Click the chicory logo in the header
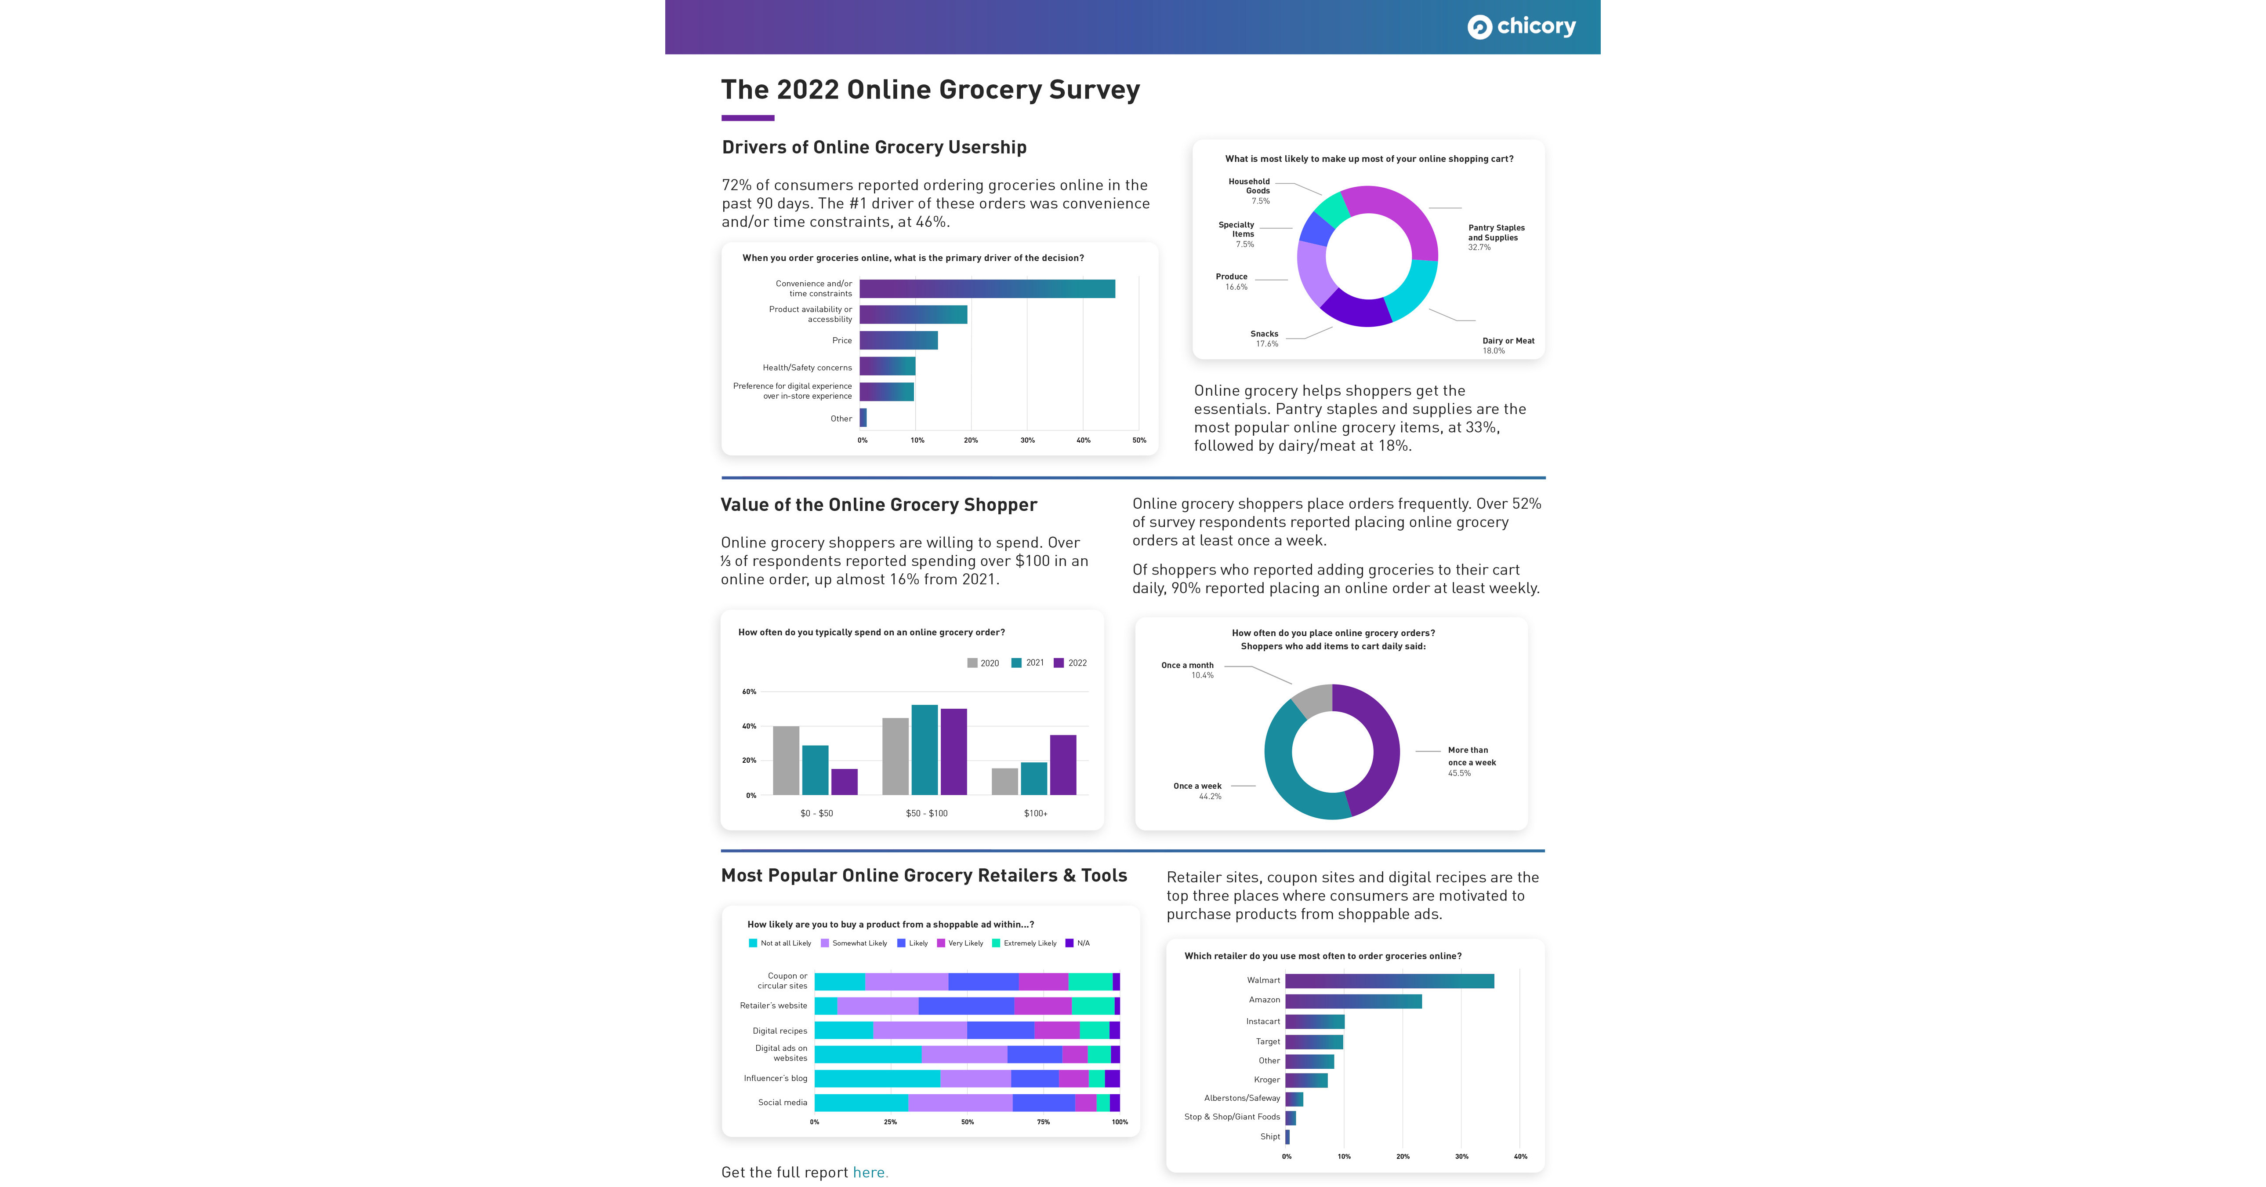point(1521,26)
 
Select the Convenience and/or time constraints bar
point(987,288)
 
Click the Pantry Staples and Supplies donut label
point(1496,237)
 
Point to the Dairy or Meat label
point(1508,345)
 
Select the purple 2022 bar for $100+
point(1062,765)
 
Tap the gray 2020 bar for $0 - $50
point(786,760)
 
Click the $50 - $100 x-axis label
point(926,813)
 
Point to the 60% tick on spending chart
point(749,692)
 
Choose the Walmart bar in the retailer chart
point(1389,980)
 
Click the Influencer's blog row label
point(775,1078)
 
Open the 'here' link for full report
point(870,1172)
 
